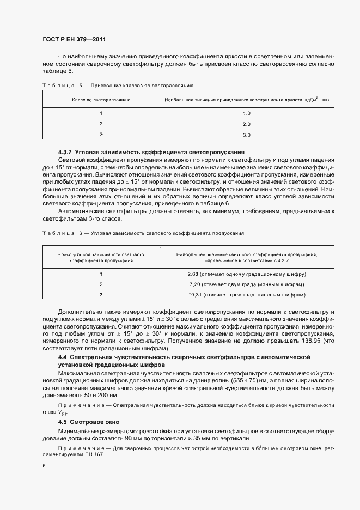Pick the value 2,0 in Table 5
click(246, 124)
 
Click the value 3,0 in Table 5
click(246, 134)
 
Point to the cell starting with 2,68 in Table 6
click(247, 274)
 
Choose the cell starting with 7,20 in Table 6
click(247, 284)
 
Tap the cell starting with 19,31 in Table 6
click(247, 294)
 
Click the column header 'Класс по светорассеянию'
click(101, 100)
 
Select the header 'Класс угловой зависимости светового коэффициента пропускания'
click(101, 257)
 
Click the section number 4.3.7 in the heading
click(66, 151)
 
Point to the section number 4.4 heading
click(62, 356)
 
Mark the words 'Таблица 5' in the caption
click(60, 86)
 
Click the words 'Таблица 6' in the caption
click(60, 233)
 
